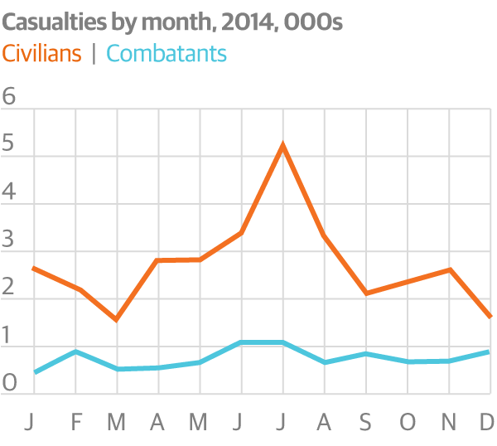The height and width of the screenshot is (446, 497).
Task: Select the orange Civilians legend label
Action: pos(42,54)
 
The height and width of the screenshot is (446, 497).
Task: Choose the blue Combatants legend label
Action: pos(166,54)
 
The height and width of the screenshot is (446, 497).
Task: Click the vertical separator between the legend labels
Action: pos(94,54)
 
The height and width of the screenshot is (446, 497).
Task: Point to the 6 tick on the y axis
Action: pos(10,96)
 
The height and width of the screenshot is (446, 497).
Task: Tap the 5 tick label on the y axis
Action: pos(10,144)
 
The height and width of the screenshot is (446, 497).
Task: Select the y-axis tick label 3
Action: pos(10,240)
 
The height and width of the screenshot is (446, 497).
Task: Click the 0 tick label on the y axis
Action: pos(10,383)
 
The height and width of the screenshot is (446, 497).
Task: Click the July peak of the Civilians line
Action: pos(283,146)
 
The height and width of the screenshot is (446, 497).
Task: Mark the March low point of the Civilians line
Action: pos(117,319)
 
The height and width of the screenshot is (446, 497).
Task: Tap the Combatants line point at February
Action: pos(75,351)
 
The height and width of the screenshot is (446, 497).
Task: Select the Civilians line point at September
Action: pos(365,293)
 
